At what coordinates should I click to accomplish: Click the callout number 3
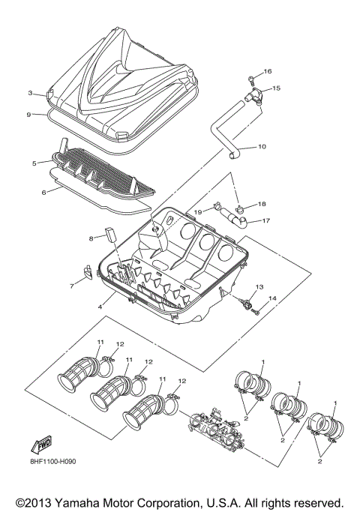pos(31,94)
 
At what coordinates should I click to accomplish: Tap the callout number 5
pos(34,163)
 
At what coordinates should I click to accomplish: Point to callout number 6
pos(44,192)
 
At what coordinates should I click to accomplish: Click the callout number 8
pos(91,238)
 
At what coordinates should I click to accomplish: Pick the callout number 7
pos(72,286)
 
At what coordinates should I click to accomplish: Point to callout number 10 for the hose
pos(262,146)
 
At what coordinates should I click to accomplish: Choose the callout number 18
pos(262,204)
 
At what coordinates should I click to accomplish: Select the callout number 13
pos(260,287)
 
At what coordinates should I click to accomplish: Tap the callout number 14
pos(272,298)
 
